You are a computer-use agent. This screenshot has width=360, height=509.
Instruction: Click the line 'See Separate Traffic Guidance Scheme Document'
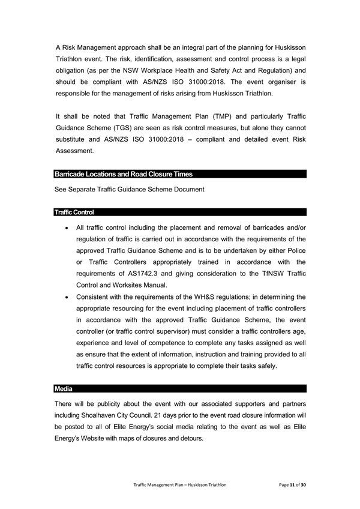[129, 189]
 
